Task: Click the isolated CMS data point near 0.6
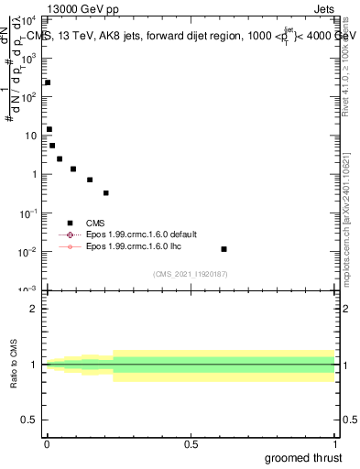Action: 224,249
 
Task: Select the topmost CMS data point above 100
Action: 48,82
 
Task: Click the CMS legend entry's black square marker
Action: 70,223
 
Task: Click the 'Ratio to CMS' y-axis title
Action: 15,365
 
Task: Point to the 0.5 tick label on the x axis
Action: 191,444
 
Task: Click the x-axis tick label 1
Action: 334,444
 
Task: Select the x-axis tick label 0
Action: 47,444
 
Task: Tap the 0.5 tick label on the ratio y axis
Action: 29,420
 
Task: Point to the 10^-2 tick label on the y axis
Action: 28,251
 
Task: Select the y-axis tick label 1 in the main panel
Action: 34,174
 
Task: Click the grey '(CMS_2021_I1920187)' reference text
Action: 191,274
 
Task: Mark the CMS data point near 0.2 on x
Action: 106,193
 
